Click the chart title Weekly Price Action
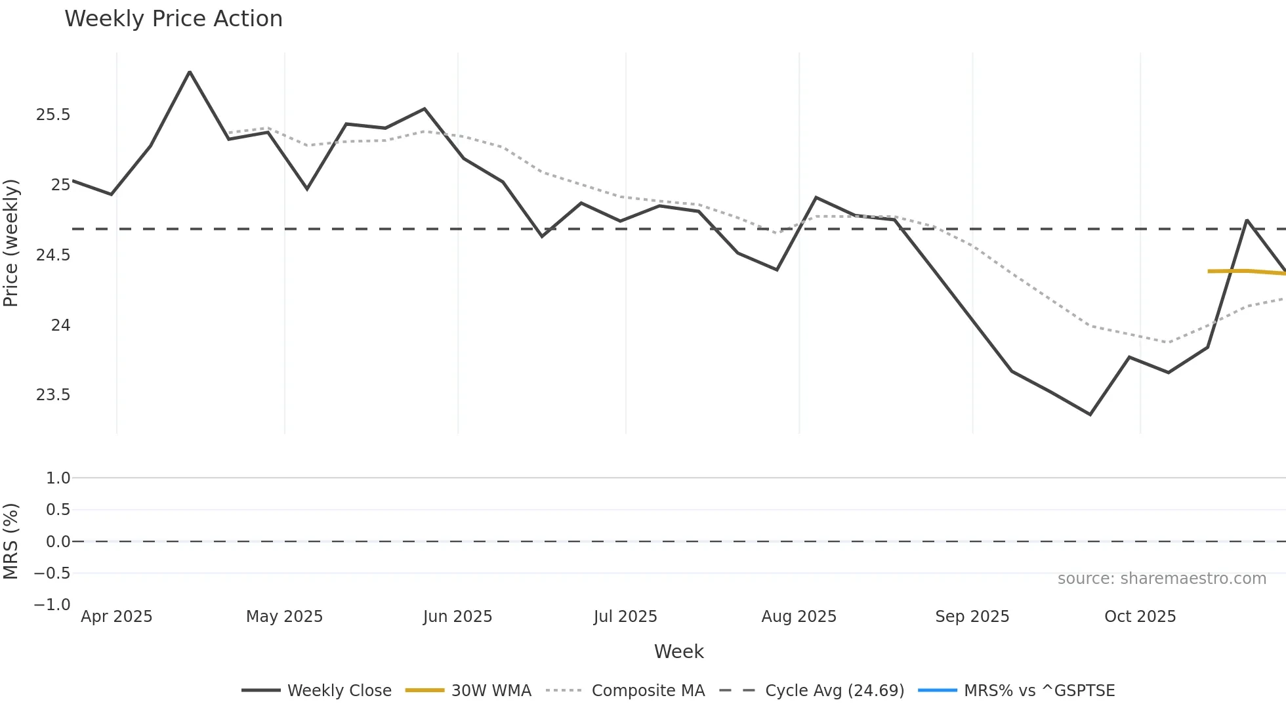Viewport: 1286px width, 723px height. (x=173, y=19)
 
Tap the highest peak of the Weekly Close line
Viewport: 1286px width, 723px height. (x=190, y=72)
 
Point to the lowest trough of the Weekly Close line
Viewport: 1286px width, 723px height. (x=1090, y=414)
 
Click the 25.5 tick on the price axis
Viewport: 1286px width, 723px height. (x=53, y=115)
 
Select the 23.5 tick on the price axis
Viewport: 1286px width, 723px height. (x=53, y=395)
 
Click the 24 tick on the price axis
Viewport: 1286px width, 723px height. (x=60, y=325)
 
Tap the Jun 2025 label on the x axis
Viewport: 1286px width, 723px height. (x=457, y=617)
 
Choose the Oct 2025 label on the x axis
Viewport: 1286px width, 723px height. (x=1140, y=617)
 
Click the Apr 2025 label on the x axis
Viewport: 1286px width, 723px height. (x=116, y=617)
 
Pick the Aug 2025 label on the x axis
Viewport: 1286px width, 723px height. (x=799, y=617)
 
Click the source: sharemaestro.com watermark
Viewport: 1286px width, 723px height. (x=1161, y=579)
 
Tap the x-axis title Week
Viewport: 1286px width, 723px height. (x=678, y=651)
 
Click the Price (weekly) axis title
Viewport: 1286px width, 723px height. (x=11, y=243)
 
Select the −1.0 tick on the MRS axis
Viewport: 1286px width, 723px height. (x=52, y=604)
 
